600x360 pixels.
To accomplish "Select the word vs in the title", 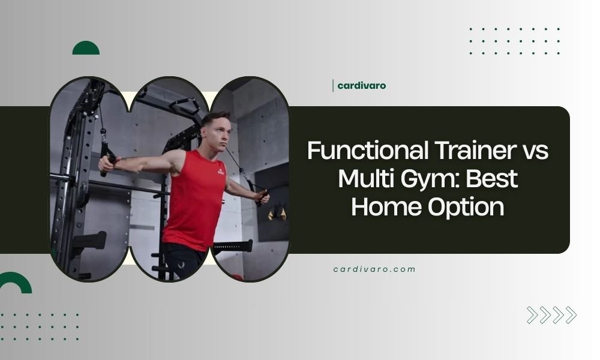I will coord(533,151).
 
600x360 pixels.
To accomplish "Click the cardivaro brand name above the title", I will coord(362,85).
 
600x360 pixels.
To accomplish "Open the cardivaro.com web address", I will coord(374,269).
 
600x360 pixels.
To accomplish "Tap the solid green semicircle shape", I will coord(86,49).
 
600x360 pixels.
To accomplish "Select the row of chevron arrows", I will coord(551,315).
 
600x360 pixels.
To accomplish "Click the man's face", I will coord(216,131).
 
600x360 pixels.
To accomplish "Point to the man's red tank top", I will coord(196,198).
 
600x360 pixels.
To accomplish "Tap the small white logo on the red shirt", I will coord(219,172).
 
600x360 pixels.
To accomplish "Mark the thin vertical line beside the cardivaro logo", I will coord(333,86).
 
